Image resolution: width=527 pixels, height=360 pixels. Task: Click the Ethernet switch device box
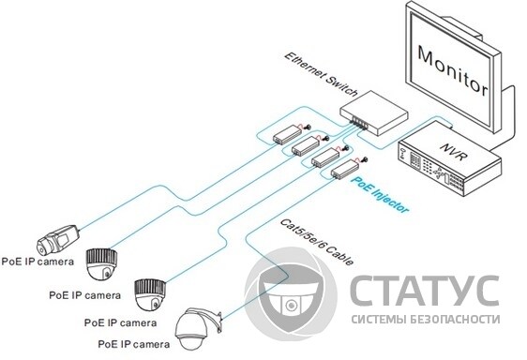pos(376,112)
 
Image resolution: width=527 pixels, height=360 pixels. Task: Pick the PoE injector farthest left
pos(283,134)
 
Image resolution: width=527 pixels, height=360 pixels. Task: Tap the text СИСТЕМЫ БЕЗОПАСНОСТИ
pos(425,320)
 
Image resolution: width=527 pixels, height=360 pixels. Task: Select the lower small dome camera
pos(151,294)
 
